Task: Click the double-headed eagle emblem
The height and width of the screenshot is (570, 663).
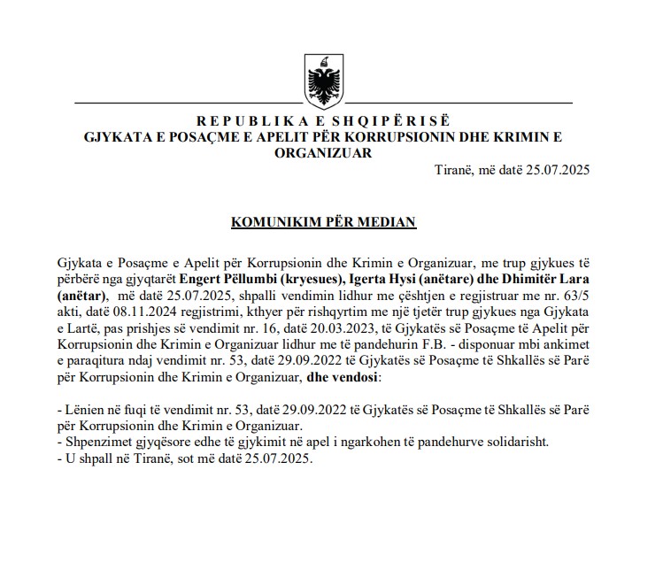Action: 323,81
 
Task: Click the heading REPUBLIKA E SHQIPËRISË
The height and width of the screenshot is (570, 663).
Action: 323,120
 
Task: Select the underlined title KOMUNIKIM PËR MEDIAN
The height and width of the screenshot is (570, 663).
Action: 323,222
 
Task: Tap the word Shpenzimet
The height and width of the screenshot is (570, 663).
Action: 95,440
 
